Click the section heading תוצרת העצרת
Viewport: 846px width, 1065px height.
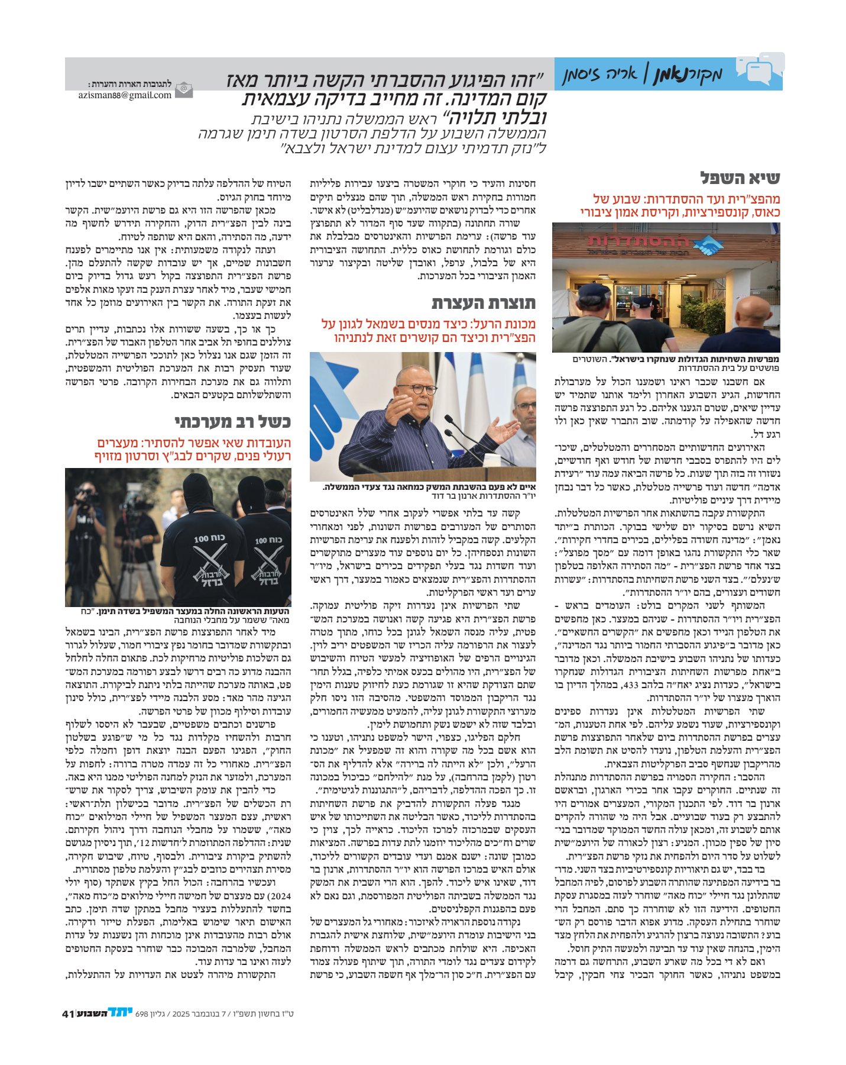click(x=483, y=304)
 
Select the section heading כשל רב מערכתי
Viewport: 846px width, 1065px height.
click(x=232, y=422)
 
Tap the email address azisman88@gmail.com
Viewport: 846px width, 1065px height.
click(x=125, y=95)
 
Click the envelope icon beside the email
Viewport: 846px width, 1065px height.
click(x=184, y=89)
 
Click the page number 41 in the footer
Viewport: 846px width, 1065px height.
click(x=67, y=1014)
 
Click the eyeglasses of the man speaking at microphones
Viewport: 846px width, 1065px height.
click(x=417, y=389)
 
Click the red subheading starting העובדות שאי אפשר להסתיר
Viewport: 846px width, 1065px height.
click(x=193, y=450)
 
